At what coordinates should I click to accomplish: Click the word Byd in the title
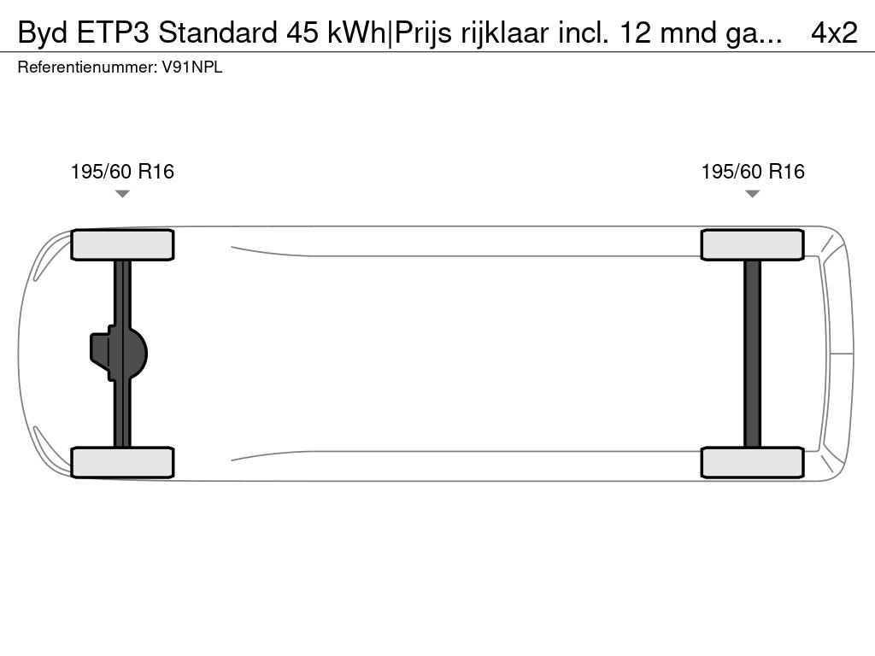(x=43, y=33)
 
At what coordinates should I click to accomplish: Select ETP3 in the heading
(x=114, y=33)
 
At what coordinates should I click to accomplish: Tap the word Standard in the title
(x=218, y=33)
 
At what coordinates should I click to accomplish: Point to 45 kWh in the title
(x=336, y=33)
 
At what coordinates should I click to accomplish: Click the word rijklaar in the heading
(x=505, y=33)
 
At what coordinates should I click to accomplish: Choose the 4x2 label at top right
(x=834, y=33)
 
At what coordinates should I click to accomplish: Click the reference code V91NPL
(x=192, y=67)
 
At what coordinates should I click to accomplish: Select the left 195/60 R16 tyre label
(x=122, y=171)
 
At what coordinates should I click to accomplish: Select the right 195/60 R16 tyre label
(x=753, y=171)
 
